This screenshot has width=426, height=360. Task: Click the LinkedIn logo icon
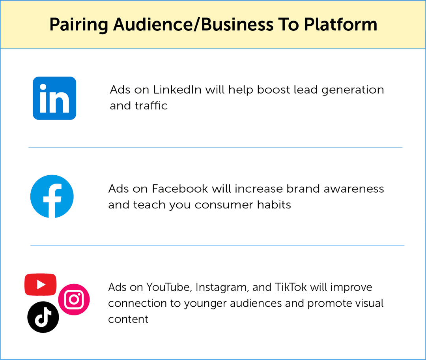coord(54,98)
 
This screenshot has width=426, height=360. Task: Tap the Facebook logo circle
coord(52,197)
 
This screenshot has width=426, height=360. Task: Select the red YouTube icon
coord(40,284)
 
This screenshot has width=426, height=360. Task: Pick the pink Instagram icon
coord(74,300)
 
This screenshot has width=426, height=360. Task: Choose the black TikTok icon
coord(43,317)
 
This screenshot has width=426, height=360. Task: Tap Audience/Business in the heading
coord(193,25)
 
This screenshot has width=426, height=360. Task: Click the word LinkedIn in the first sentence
coord(177,90)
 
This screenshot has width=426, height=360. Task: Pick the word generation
coord(353,90)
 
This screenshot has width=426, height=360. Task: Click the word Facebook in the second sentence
coord(180,189)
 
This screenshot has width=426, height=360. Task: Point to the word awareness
coord(353,189)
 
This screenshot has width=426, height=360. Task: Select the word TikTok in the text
coord(291,287)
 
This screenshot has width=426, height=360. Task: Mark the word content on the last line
coord(128,319)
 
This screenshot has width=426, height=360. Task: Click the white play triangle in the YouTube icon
coord(41,284)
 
